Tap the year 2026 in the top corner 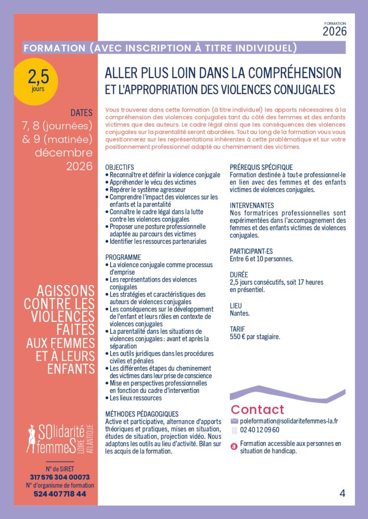[x=334, y=31]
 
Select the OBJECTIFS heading [x=119, y=167]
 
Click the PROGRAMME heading [x=123, y=257]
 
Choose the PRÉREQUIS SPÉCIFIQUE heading [x=261, y=167]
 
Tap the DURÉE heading [x=239, y=275]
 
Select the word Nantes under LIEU [x=240, y=313]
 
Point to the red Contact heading [x=257, y=410]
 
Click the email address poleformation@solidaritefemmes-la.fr [x=289, y=421]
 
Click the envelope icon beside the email [x=234, y=421]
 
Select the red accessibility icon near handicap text [x=234, y=447]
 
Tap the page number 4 [x=343, y=493]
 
